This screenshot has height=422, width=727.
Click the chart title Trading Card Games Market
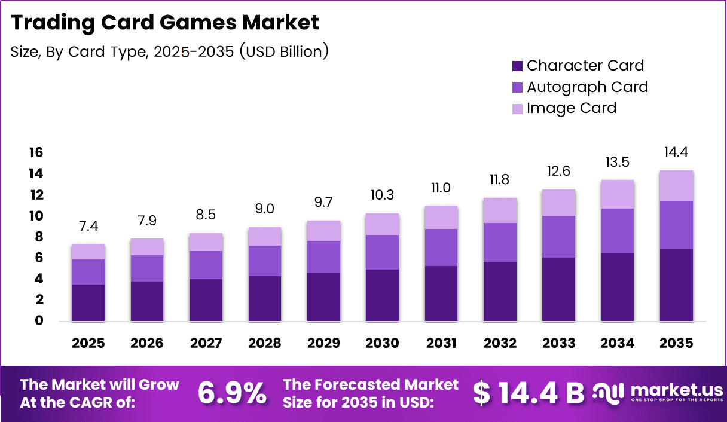pos(165,22)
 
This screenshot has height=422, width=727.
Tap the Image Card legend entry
pos(564,108)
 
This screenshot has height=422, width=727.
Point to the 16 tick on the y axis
pos(36,153)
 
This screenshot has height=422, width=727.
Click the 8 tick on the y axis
pos(39,237)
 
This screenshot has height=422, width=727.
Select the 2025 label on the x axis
pos(88,343)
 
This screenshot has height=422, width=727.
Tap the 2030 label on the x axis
pos(382,343)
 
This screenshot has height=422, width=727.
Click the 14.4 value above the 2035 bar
pos(676,152)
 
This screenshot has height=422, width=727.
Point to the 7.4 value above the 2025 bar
pos(88,226)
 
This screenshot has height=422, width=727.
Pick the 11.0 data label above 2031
pos(441,188)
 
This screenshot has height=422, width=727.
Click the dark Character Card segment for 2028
pos(264,298)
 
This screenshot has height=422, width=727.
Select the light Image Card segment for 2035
pos(676,185)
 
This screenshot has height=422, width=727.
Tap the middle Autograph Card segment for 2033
pos(558,237)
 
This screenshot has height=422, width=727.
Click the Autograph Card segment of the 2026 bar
pos(147,268)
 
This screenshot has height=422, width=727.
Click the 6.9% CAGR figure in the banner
pos(232,393)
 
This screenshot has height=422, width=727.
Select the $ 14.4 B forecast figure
pos(528,393)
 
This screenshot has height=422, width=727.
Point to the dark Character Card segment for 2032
pos(500,291)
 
